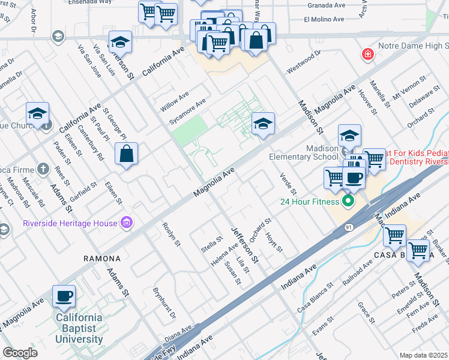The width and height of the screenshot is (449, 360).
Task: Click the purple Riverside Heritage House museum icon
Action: pos(125,223)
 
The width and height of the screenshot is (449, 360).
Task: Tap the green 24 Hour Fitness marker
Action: pos(348,201)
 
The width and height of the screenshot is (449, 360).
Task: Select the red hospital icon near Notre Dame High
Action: pos(367,55)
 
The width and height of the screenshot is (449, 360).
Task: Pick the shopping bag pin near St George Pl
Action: pos(127,154)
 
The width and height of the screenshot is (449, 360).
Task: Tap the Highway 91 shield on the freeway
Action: pos(349,227)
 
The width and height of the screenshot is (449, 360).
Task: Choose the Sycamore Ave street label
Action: pos(187,111)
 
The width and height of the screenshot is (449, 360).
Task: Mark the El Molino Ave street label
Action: pos(324,19)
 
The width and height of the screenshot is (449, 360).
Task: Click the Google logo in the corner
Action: pos(20,353)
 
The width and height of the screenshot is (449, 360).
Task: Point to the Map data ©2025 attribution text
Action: pos(423,355)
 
